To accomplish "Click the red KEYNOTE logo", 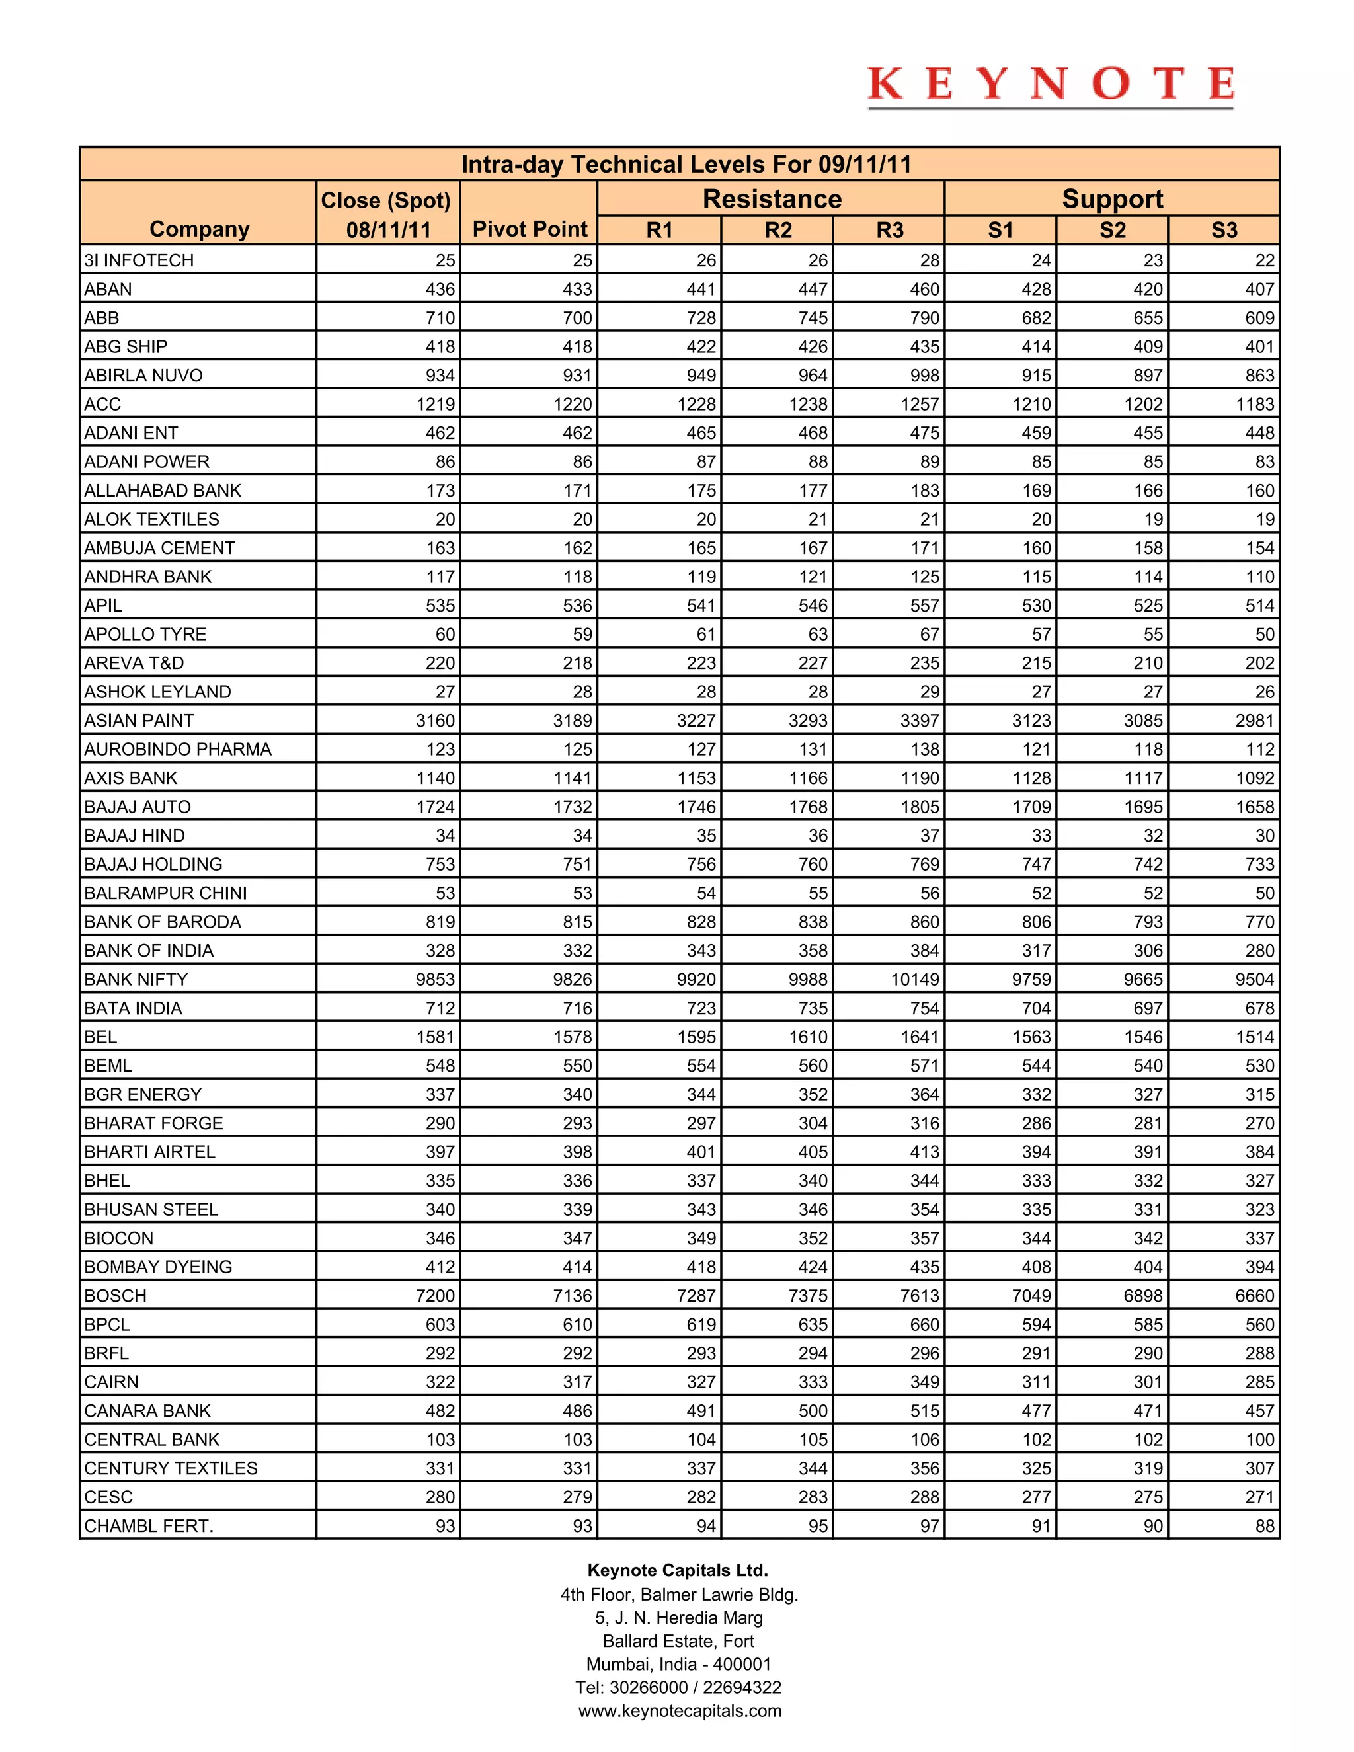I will tap(1050, 85).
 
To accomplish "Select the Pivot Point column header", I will tap(530, 229).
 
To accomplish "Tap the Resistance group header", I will tap(772, 199).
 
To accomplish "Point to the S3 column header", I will tap(1224, 230).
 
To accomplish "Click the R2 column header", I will tap(777, 230).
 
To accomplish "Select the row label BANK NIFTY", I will tap(136, 980).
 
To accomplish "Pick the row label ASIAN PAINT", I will tap(139, 721).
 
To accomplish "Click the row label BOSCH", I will tap(116, 1296).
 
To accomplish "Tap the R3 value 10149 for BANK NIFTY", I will tap(915, 980).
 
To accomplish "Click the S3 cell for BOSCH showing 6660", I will tap(1255, 1296).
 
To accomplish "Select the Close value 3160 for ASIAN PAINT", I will tap(436, 721).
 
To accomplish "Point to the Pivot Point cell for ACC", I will tap(573, 405).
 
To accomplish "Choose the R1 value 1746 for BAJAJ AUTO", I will tap(696, 807).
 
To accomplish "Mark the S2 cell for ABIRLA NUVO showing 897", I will tap(1148, 376).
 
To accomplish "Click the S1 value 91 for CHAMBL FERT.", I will tap(1041, 1526).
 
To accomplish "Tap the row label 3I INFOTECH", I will tap(139, 260).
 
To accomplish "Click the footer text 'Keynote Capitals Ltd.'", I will tap(678, 1570).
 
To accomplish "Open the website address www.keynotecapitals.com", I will tap(680, 1710).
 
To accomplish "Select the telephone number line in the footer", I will tap(678, 1687).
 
